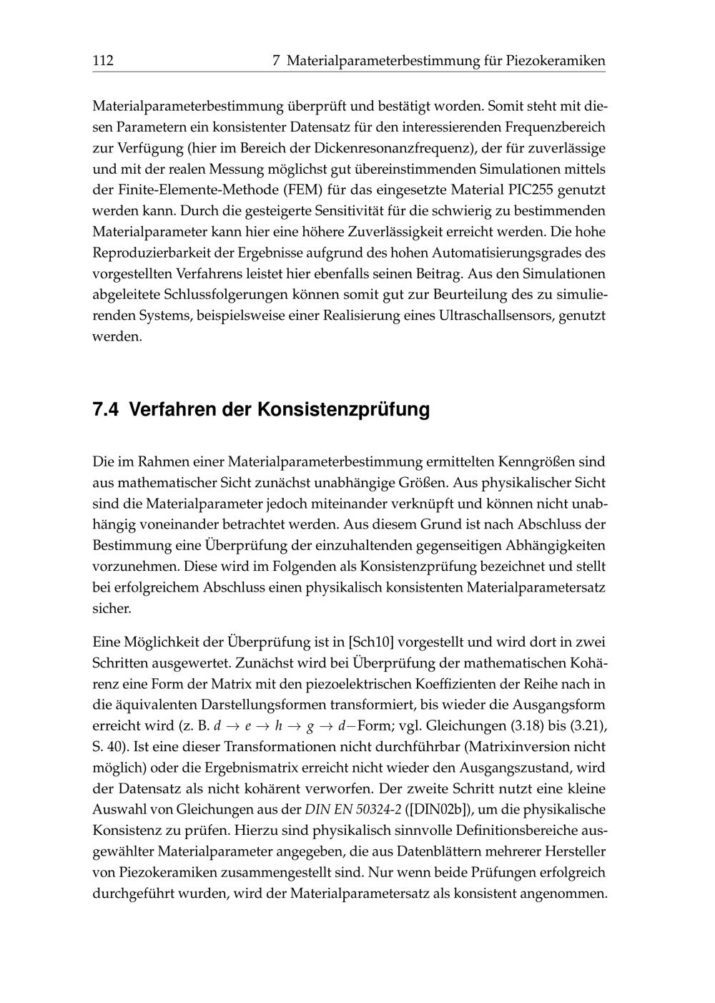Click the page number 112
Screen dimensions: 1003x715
pos(103,62)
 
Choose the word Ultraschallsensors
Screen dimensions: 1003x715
pos(494,315)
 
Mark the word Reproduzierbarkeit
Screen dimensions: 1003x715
pos(153,253)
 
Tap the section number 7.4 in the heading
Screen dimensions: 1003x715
pos(107,411)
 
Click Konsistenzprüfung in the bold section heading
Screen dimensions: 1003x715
pos(343,411)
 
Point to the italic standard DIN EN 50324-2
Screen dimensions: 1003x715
pos(353,810)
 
